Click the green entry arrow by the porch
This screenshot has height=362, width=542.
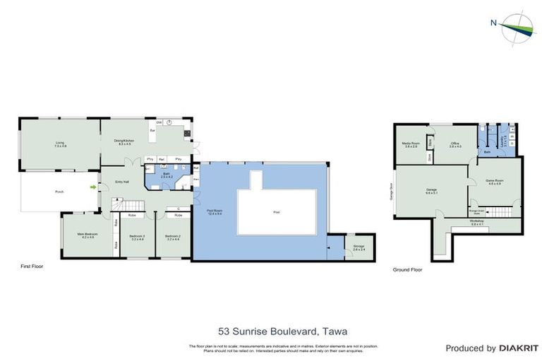[x=93, y=187]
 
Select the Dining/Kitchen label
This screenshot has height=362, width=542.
[x=124, y=142]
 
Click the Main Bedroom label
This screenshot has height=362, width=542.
[x=88, y=235]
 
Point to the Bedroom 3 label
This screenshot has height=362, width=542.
[x=137, y=237]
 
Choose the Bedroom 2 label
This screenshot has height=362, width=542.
[x=174, y=237]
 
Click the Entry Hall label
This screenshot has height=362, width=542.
[x=122, y=182]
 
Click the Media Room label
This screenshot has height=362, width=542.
[x=411, y=144]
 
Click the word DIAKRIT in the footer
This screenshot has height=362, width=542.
[x=518, y=348]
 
